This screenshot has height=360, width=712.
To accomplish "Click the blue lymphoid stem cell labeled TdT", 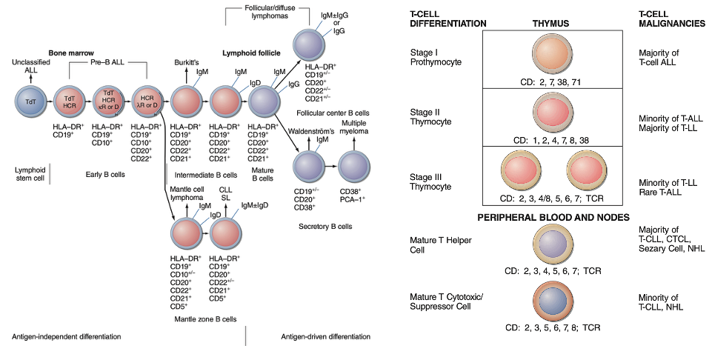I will click(x=30, y=101).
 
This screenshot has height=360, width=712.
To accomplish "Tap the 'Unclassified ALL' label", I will click(x=30, y=65).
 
